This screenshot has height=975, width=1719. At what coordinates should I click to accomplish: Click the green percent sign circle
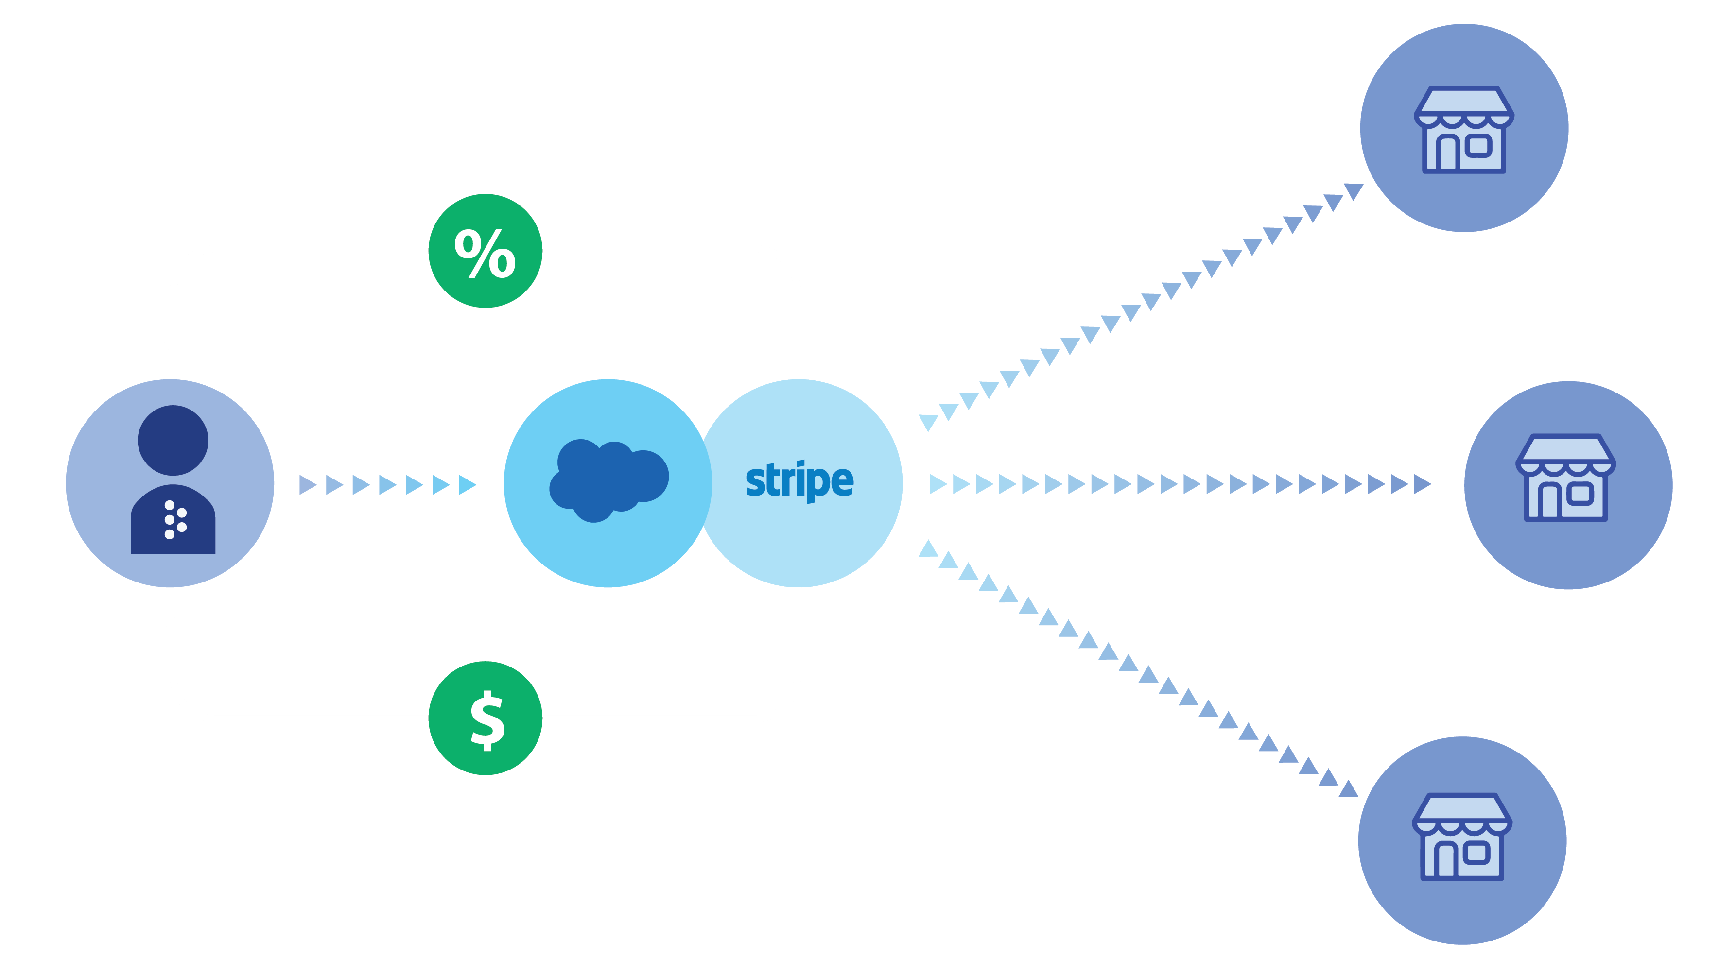pyautogui.click(x=485, y=251)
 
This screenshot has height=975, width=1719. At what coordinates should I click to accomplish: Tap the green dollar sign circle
pyautogui.click(x=485, y=718)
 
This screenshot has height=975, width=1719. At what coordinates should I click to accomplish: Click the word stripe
pyautogui.click(x=799, y=481)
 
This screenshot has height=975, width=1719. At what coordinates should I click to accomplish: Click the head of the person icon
pyautogui.click(x=173, y=440)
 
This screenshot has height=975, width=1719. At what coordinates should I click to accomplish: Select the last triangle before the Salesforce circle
pyautogui.click(x=467, y=484)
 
